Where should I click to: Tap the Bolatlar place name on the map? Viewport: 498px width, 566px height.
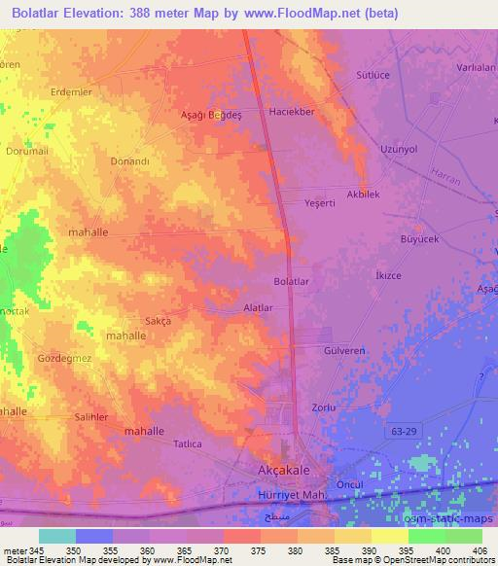tap(291, 282)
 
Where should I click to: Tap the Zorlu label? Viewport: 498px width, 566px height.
tap(323, 407)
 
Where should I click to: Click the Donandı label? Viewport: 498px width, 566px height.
tap(129, 161)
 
